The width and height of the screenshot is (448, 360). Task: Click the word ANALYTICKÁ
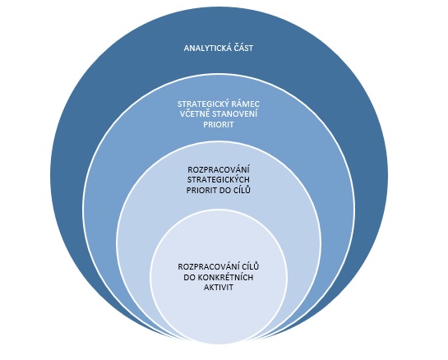206,48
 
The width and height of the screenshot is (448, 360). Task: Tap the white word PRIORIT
219,124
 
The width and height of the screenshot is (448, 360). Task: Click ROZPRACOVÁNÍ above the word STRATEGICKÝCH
219,169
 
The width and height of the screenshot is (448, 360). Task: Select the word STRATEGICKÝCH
219,179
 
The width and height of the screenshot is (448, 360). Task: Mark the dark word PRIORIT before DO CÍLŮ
201,190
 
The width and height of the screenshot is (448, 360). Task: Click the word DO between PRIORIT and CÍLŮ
224,190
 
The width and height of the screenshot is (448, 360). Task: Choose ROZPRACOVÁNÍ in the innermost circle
209,266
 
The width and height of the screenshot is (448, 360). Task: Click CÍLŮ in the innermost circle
250,266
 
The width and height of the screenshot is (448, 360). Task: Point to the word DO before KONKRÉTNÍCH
189,277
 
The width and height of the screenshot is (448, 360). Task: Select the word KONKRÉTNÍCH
225,277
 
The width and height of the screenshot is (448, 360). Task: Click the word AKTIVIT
219,287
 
